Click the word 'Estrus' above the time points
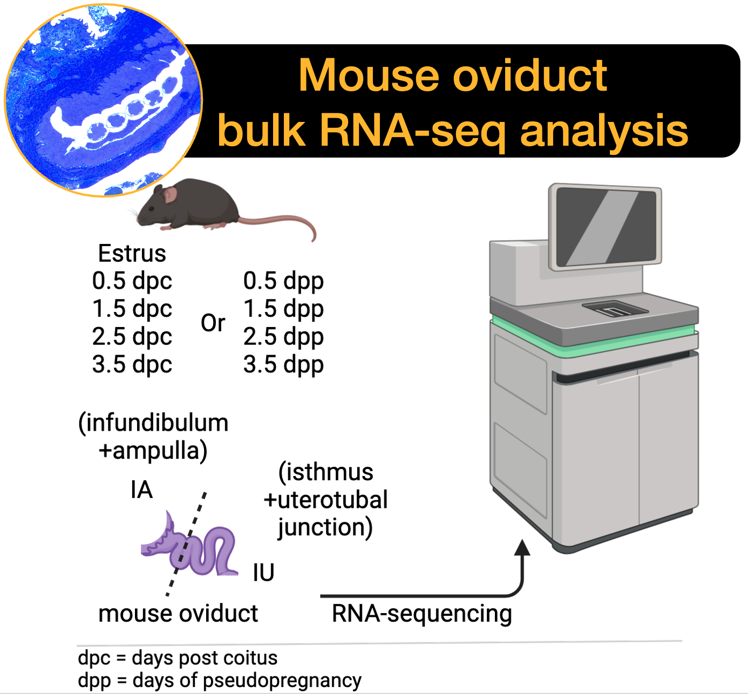click(x=132, y=253)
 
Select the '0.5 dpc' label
click(x=132, y=282)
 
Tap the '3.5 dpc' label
click(x=132, y=365)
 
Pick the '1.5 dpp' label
click(x=283, y=309)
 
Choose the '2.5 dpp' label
click(x=283, y=337)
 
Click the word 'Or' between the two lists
click(x=213, y=323)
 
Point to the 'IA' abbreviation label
click(x=141, y=490)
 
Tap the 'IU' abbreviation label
click(x=263, y=573)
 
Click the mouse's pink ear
click(x=170, y=195)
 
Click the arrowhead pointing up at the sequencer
click(x=522, y=547)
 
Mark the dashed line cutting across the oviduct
click(x=186, y=543)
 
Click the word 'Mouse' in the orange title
click(x=369, y=76)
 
